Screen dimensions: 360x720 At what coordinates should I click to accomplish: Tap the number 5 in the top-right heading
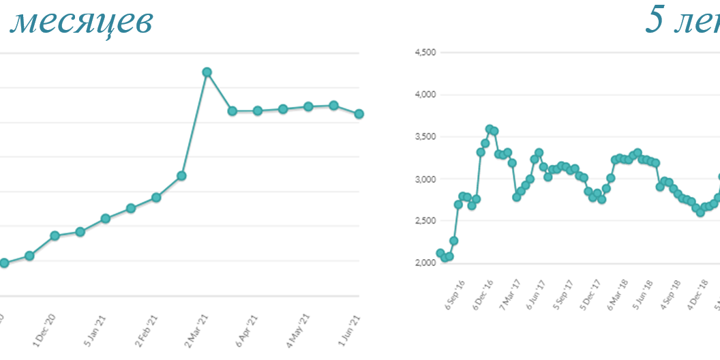coord(655,21)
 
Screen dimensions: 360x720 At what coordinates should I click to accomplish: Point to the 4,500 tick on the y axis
coord(425,52)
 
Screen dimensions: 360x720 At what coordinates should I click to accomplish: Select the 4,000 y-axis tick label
coord(425,95)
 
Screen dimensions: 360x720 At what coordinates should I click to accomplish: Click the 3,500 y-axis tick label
coord(425,137)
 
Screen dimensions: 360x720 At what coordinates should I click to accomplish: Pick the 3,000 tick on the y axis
coord(425,179)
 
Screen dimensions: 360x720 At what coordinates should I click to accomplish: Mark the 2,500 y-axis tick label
coord(425,221)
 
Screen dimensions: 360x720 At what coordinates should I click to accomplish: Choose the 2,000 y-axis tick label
coord(425,263)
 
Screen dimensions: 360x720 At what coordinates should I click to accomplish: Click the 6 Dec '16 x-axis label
coord(483,291)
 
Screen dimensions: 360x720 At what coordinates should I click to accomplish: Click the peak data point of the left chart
coord(207,72)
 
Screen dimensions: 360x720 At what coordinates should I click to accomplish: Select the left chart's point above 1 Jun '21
coord(359,114)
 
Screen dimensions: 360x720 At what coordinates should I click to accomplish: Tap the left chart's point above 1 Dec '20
coord(55,236)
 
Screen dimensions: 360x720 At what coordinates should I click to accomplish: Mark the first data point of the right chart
coord(440,253)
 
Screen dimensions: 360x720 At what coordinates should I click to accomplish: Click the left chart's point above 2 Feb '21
coord(156,197)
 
